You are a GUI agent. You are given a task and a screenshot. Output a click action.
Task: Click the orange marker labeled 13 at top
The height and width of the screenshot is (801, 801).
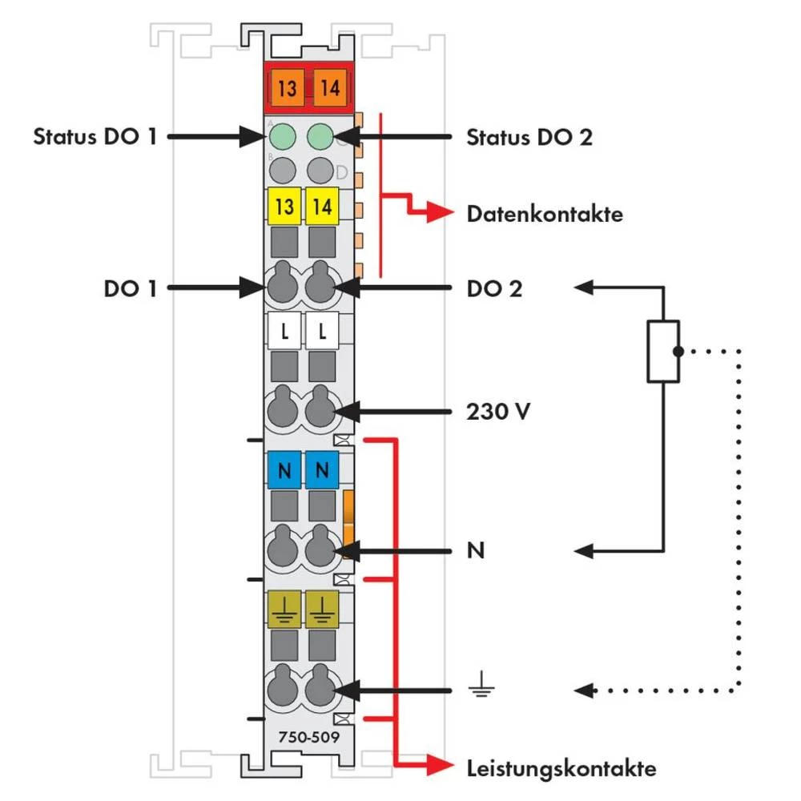(285, 87)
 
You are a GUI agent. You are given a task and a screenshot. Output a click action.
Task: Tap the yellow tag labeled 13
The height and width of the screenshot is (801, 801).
(284, 207)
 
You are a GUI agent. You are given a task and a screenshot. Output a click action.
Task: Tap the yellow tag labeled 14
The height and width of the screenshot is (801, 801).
(323, 207)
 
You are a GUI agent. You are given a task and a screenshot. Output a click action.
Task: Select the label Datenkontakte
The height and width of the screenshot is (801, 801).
(545, 214)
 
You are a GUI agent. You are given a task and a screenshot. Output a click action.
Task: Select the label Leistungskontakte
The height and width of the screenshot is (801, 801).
(561, 769)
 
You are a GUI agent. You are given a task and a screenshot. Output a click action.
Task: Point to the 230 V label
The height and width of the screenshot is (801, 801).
(497, 413)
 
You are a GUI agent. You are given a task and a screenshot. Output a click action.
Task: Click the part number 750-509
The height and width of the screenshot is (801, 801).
(303, 735)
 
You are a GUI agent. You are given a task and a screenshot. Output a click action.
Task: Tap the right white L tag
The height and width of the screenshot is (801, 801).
(323, 330)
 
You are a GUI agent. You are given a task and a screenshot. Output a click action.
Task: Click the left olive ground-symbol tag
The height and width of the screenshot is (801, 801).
(284, 609)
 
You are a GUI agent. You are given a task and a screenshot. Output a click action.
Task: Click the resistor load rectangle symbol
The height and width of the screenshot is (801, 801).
(663, 351)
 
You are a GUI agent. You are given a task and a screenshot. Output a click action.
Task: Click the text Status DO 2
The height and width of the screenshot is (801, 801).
(529, 138)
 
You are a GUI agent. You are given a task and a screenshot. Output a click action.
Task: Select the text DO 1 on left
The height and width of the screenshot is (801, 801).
(127, 288)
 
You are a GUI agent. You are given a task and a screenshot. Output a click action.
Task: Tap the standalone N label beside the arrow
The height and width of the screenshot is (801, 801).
(475, 551)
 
